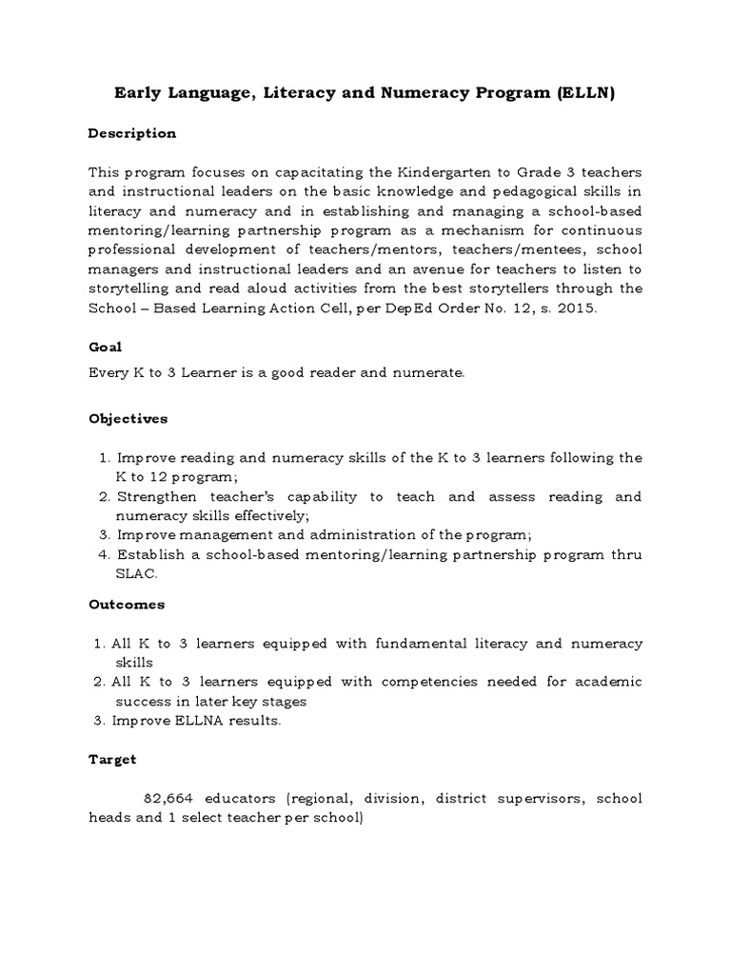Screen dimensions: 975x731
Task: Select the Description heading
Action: (x=132, y=133)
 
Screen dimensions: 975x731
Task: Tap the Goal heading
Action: (x=105, y=348)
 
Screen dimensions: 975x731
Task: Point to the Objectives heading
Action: (x=128, y=418)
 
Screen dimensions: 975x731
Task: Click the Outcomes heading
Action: (x=127, y=604)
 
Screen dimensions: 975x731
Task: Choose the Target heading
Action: (x=112, y=759)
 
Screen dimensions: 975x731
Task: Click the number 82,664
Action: (x=168, y=798)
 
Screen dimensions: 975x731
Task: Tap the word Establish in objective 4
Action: (x=150, y=555)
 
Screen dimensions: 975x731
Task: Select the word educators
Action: (x=242, y=798)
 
